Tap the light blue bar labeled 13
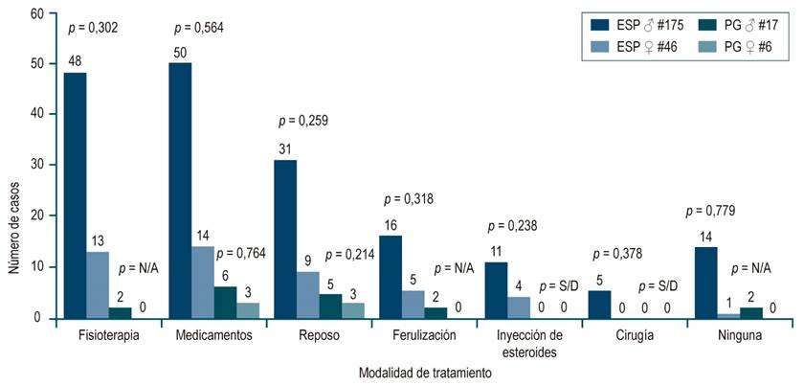(x=98, y=284)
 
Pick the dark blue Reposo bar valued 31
(x=285, y=238)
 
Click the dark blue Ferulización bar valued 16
(x=391, y=277)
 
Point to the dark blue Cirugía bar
(x=600, y=305)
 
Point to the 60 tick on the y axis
(x=37, y=13)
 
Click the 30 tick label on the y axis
(x=37, y=166)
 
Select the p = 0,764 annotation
(x=241, y=253)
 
